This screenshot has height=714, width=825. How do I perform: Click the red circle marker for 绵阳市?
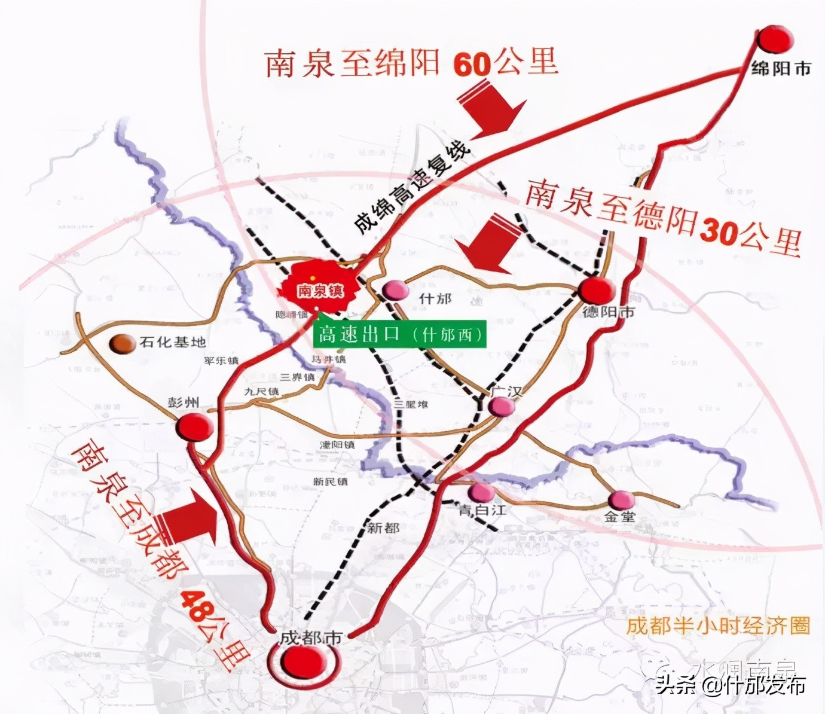click(x=775, y=41)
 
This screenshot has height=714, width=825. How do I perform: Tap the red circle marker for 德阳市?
click(x=597, y=291)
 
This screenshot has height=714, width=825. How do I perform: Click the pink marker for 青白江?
click(x=481, y=493)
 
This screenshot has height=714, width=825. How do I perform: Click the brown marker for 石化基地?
click(x=124, y=343)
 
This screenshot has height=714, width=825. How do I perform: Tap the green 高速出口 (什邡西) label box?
click(x=400, y=334)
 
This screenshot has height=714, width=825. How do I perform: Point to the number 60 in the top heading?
click(x=472, y=63)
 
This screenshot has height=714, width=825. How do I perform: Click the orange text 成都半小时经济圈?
click(x=717, y=626)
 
